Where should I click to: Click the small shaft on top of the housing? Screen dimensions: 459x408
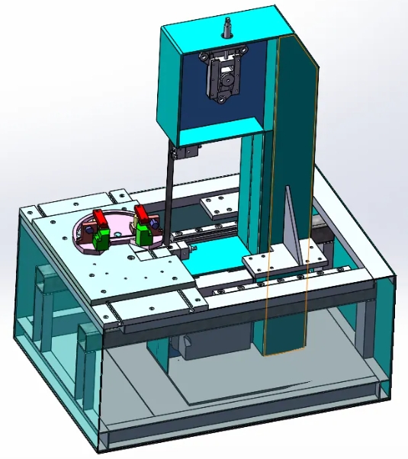point(228,27)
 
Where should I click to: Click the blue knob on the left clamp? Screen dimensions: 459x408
point(91,228)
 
